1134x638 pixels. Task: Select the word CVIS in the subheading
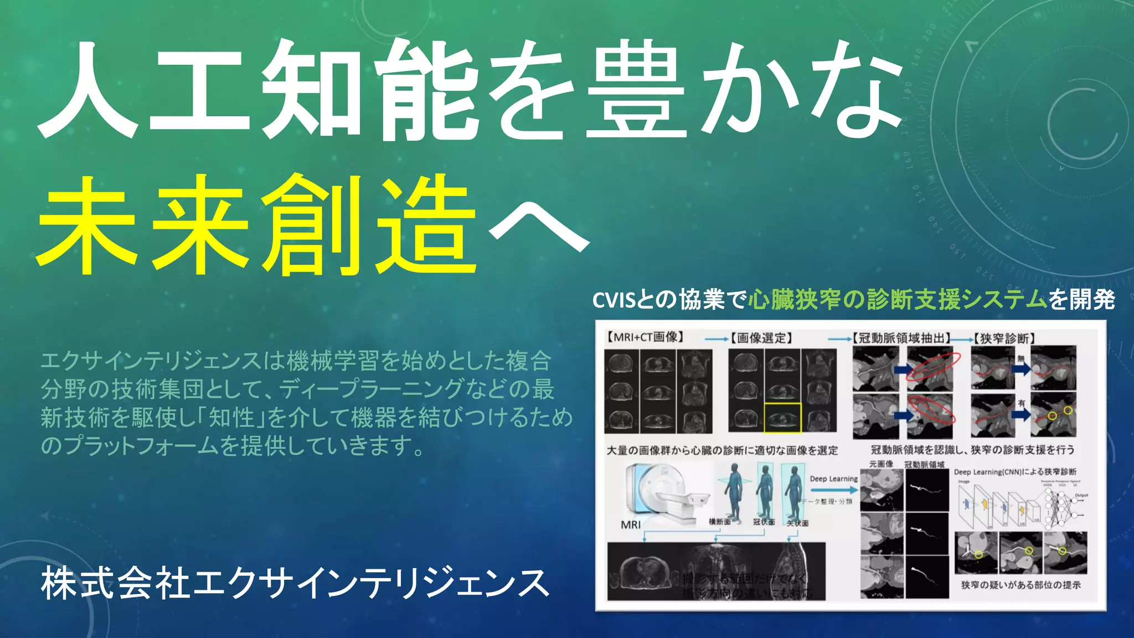pos(614,300)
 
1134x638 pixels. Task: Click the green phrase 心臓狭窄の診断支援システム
pos(898,300)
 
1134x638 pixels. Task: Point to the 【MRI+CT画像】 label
pos(645,337)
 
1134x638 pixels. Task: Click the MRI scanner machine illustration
pos(664,493)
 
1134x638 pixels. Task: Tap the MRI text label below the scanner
pos(631,524)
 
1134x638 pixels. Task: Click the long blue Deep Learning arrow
pos(833,490)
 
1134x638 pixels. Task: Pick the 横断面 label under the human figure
pos(720,522)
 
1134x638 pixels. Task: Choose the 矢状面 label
pos(797,523)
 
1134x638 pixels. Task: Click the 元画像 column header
pos(881,464)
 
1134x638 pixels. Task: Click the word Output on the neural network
pos(1081,495)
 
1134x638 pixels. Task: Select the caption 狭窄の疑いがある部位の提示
pos(1020,585)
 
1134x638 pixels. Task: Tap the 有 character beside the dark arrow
pos(1021,403)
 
